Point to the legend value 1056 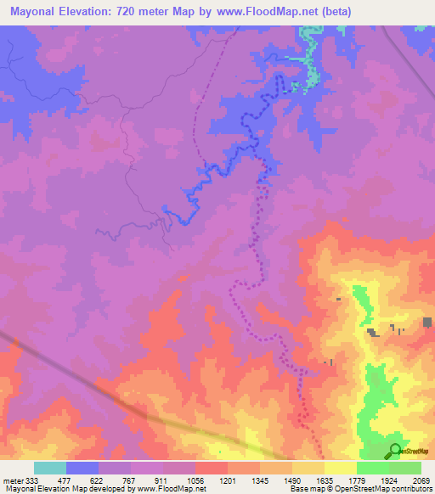(196, 481)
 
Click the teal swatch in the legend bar (49, 468)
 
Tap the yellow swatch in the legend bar (340, 468)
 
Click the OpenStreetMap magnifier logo (394, 450)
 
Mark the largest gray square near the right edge (426, 322)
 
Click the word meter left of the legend (13, 481)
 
